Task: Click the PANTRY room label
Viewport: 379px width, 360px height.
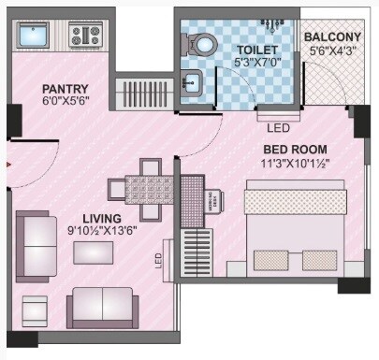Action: tap(65, 90)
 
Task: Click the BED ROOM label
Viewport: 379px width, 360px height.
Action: tap(295, 149)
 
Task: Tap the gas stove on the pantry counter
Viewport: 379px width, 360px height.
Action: tap(85, 36)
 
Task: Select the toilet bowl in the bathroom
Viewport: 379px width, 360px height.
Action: tap(201, 44)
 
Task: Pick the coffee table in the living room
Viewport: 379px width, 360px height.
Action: tap(94, 253)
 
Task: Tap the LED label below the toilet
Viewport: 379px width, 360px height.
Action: tap(278, 128)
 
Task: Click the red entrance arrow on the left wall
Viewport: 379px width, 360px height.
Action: tap(8, 164)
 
